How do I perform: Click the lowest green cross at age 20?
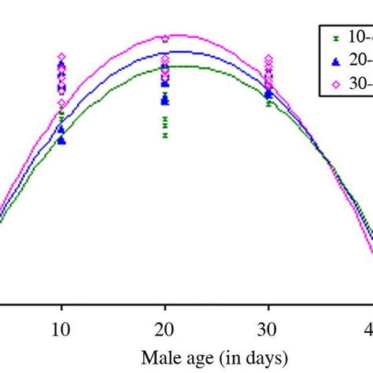(x=164, y=135)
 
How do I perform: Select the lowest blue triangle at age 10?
(x=61, y=141)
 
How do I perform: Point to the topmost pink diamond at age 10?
(x=61, y=57)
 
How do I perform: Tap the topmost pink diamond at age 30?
(x=268, y=59)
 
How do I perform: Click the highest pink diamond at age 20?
(x=164, y=39)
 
